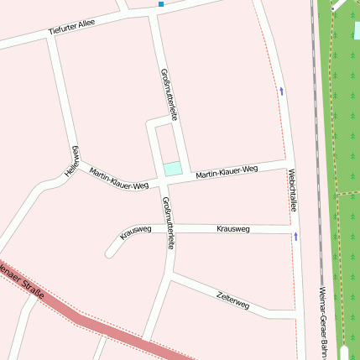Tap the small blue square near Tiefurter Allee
161,4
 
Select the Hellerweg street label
73,160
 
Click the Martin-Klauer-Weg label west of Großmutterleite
118,177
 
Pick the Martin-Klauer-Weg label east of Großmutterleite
227,172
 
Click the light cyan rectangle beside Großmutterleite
172,169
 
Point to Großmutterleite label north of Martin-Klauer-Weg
167,95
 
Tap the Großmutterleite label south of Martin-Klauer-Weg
169,223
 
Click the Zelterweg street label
232,300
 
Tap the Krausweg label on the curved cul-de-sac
135,232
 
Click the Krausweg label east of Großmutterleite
232,229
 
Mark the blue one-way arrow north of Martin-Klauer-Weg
281,90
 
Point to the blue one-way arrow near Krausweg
295,237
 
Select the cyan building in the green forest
357,31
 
